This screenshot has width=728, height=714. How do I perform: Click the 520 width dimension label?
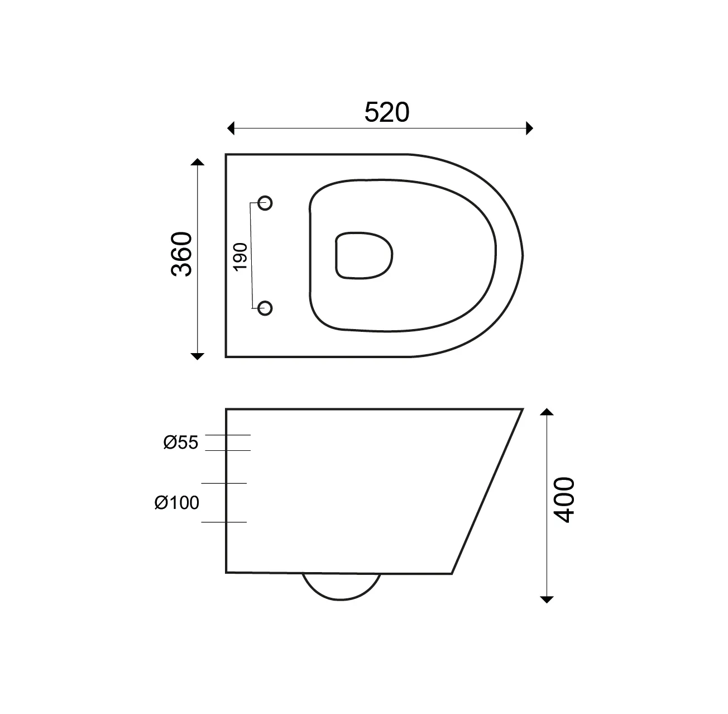point(386,112)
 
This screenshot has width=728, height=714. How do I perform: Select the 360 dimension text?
point(181,254)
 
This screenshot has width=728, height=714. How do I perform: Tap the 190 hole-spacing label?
point(241,257)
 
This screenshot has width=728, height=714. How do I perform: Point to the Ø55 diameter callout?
point(180,442)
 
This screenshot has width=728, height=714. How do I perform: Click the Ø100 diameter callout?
point(177,503)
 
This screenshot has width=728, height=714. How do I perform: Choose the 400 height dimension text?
point(564,500)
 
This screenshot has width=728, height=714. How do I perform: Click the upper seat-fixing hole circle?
point(265,203)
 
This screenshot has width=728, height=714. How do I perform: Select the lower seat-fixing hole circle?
point(265,308)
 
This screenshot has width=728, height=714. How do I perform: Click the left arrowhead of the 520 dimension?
point(231,128)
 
